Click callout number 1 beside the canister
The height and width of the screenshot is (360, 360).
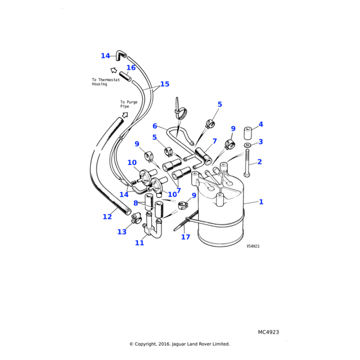[x=261, y=202]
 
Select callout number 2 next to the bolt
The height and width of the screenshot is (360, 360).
[x=259, y=162]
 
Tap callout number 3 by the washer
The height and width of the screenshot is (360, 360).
[x=260, y=142]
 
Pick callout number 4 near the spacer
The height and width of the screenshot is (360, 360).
[x=260, y=125]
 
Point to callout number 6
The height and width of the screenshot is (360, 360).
[x=155, y=127]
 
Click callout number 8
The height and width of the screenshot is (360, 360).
[x=136, y=203]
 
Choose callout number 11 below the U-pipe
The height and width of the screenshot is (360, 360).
[x=139, y=243]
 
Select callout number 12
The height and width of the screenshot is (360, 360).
[x=107, y=217]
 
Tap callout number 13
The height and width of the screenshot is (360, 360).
[x=122, y=232]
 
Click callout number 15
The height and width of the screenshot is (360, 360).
[x=164, y=85]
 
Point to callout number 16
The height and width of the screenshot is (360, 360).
[x=131, y=68]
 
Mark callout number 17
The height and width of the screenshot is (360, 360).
[x=185, y=237]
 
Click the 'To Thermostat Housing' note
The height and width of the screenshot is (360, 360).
[x=106, y=82]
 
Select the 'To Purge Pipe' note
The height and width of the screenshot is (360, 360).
[x=128, y=104]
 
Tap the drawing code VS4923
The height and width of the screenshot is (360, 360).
[x=253, y=246]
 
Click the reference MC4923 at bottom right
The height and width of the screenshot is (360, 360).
[x=268, y=332]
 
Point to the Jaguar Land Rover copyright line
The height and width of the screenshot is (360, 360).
[x=179, y=344]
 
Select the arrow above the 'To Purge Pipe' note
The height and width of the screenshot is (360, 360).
[x=125, y=114]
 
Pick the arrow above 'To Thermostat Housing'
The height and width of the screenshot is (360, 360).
[x=115, y=70]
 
